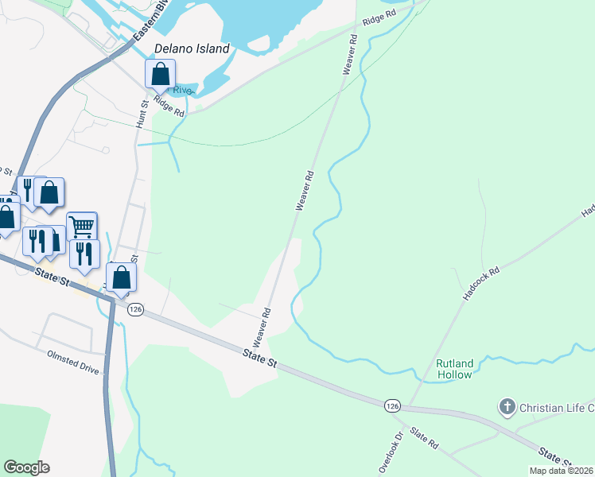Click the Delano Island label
coord(192,48)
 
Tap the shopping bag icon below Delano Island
coord(160,75)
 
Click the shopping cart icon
coord(82,226)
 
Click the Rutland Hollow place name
coord(454,369)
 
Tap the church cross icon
coord(507,408)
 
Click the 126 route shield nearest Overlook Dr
coord(391,405)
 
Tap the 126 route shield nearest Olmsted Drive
coord(135,308)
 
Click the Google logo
coord(26,467)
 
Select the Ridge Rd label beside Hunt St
coord(169,107)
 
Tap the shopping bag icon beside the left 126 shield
coord(122,277)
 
